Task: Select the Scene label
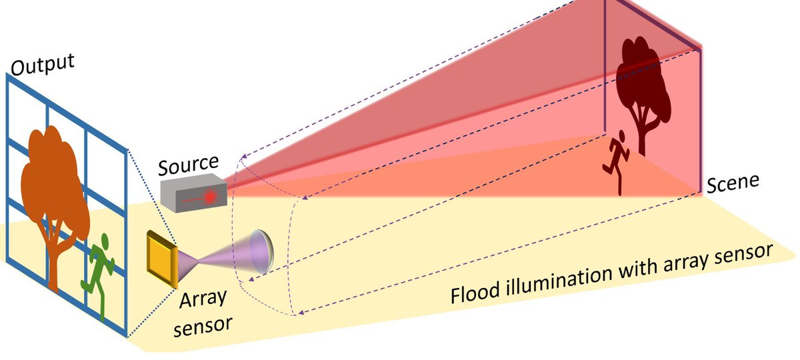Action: tap(733, 183)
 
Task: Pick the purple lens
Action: tap(257, 253)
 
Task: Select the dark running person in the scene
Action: tap(616, 161)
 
